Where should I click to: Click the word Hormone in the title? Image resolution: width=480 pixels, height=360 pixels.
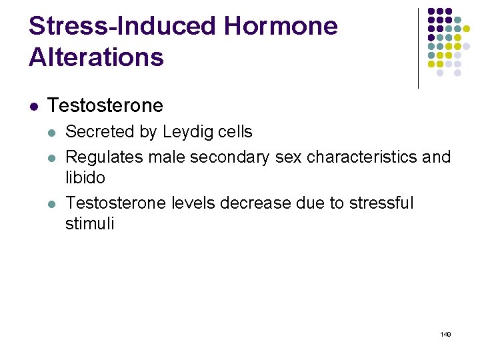pos(281,27)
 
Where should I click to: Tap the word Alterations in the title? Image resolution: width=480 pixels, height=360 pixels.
pos(96,57)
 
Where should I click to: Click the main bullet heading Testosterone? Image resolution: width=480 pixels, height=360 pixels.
pos(105,105)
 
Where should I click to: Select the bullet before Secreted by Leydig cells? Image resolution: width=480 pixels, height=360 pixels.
pos(53,133)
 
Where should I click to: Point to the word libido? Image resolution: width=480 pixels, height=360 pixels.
pos(85,178)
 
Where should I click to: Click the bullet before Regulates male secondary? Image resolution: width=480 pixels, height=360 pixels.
pos(53,158)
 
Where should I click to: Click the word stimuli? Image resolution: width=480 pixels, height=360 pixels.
pos(89,223)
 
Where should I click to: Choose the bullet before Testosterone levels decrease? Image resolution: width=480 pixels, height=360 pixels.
pos(53,203)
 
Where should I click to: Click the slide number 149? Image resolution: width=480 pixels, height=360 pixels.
pos(445,333)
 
